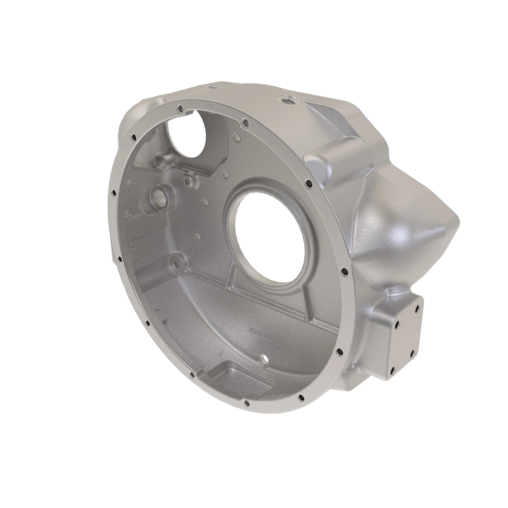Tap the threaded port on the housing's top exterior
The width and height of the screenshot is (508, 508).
point(285,100)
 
